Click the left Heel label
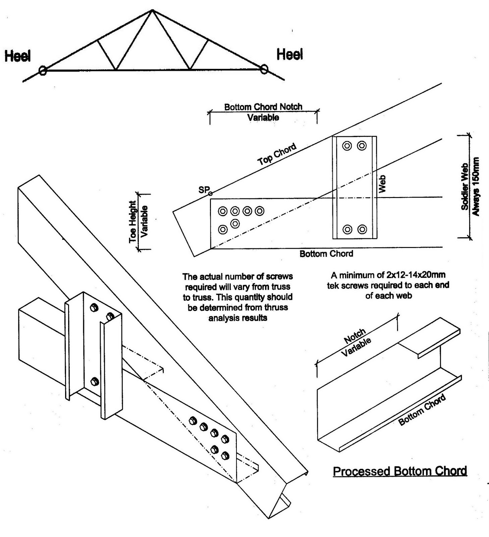pos(17,56)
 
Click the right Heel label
pos(290,54)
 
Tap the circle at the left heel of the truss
pos(42,70)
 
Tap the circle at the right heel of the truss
pos(264,69)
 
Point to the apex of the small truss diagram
pos(152,10)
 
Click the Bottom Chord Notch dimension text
pos(263,112)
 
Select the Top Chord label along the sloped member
pos(277,154)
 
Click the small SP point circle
pos(210,194)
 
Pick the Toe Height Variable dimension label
pos(139,222)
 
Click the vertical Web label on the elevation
pos(382,184)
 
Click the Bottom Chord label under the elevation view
pos(326,254)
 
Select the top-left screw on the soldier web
pos(347,146)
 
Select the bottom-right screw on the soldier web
pos(362,229)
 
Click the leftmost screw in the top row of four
pos(222,211)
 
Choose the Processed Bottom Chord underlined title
pos(400,471)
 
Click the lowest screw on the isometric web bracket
pos(95,382)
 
